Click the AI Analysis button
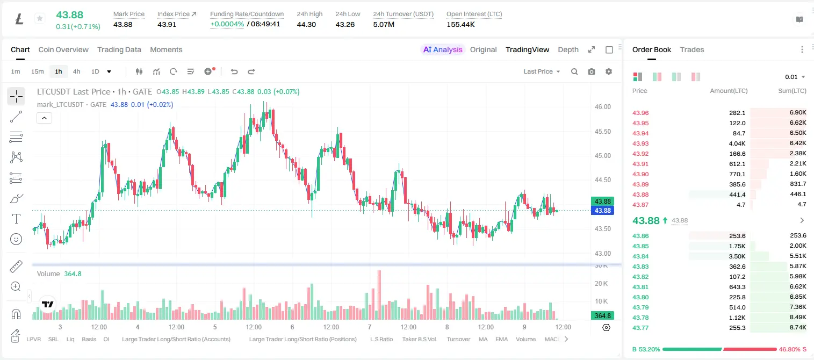point(443,49)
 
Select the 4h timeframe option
point(76,71)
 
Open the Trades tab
point(692,49)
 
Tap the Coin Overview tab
point(63,49)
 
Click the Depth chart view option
point(568,49)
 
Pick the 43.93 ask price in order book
point(640,143)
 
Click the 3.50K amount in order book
point(737,256)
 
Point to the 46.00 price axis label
point(602,107)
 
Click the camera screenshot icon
point(592,71)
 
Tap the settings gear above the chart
point(609,71)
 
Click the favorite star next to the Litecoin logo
point(40,18)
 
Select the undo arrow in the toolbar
point(234,71)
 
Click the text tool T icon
point(16,219)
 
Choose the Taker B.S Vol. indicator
point(419,339)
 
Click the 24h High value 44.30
point(306,24)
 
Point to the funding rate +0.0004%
point(227,24)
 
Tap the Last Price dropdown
point(542,71)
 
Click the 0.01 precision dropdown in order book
point(795,77)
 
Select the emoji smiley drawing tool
point(16,239)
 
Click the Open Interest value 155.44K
point(460,24)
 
